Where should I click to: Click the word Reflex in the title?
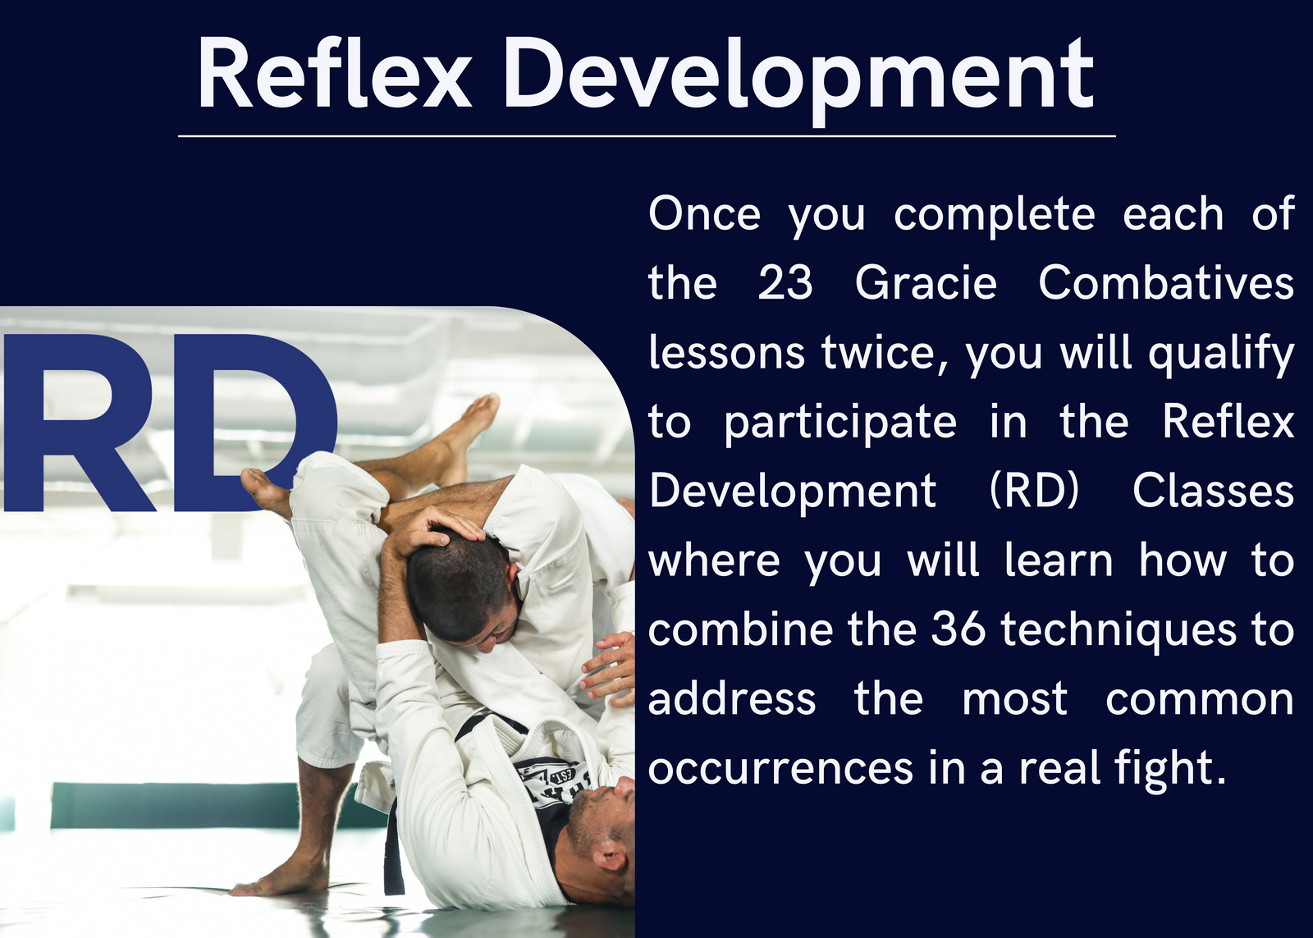coord(334,73)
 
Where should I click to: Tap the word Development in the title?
coord(799,80)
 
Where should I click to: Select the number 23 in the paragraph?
coord(785,283)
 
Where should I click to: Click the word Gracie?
coord(926,283)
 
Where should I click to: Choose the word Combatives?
coord(1166,282)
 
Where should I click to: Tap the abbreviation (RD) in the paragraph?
coord(1034,492)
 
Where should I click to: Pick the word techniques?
coord(1125,632)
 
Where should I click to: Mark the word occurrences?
coord(780,769)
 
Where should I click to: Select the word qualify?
coord(1220,354)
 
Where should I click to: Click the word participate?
coord(840,423)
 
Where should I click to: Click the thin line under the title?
coord(647,136)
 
